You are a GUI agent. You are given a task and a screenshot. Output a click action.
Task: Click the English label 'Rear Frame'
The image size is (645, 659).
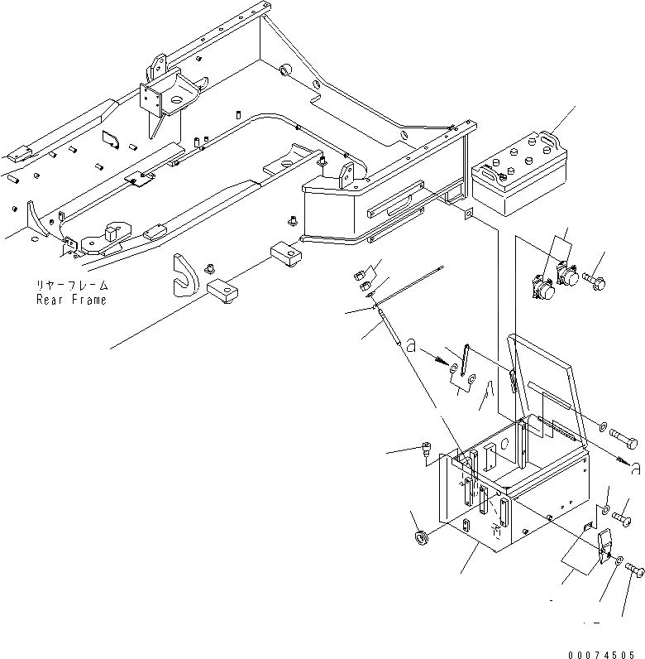(x=71, y=300)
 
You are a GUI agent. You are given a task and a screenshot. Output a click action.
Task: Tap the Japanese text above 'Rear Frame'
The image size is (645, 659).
(x=71, y=285)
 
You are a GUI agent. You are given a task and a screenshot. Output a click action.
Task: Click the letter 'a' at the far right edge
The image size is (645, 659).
(x=635, y=470)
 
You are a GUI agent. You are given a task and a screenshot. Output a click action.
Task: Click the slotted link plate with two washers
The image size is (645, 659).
(x=461, y=368)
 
